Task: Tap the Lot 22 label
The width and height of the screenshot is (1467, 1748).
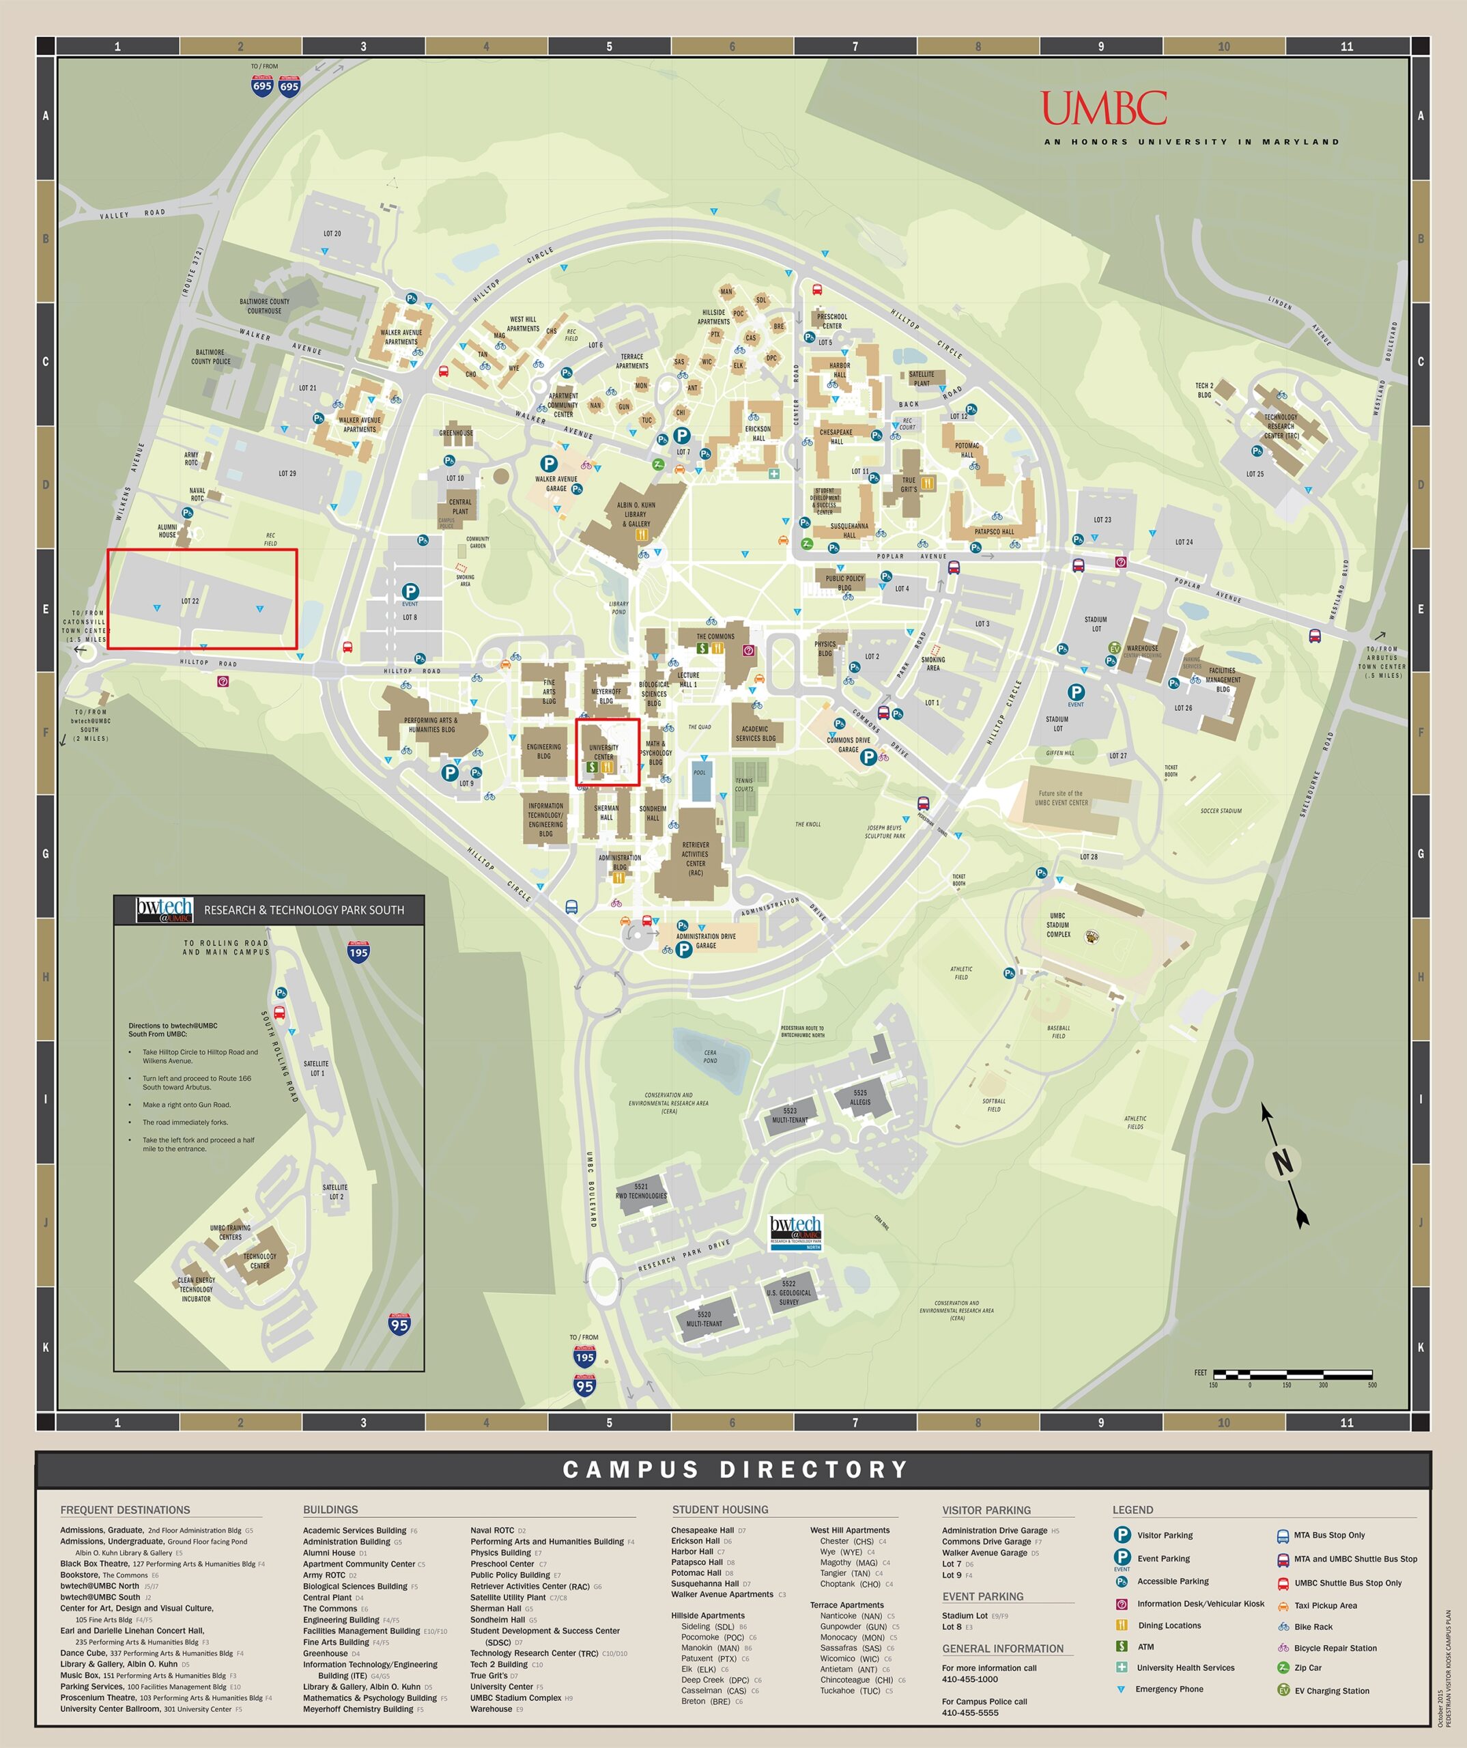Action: pos(190,601)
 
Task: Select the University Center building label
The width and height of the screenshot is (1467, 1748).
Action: pos(604,752)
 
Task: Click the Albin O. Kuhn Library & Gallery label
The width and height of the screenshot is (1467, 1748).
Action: pos(636,514)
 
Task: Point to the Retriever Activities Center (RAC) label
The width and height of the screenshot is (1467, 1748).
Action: pos(696,858)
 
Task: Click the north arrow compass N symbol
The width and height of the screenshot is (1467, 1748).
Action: pos(1282,1162)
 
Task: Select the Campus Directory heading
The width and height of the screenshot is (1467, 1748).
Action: pos(735,1469)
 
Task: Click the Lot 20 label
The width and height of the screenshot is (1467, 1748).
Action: pos(332,234)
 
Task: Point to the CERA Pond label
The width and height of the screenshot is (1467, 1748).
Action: pos(710,1056)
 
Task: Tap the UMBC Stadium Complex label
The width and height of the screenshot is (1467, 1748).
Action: pos(1057,925)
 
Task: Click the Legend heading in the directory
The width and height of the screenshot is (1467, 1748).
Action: pos(1133,1510)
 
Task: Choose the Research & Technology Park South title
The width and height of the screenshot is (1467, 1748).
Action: pos(304,910)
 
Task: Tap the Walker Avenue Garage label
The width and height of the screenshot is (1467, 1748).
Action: pos(556,483)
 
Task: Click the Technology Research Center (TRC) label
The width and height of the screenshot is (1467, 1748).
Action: pos(1281,426)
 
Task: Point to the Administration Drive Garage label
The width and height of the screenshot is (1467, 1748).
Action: pos(706,941)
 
